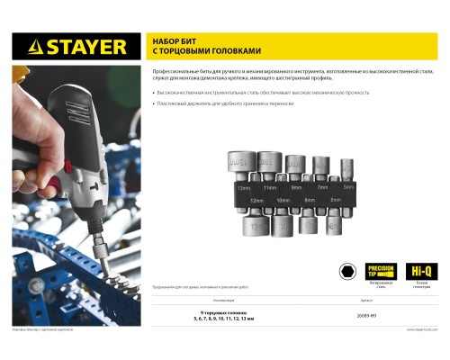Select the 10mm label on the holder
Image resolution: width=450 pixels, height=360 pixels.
coord(283,199)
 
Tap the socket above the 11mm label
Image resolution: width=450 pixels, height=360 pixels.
coord(269,165)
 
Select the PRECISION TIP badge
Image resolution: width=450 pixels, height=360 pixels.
coord(380,270)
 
